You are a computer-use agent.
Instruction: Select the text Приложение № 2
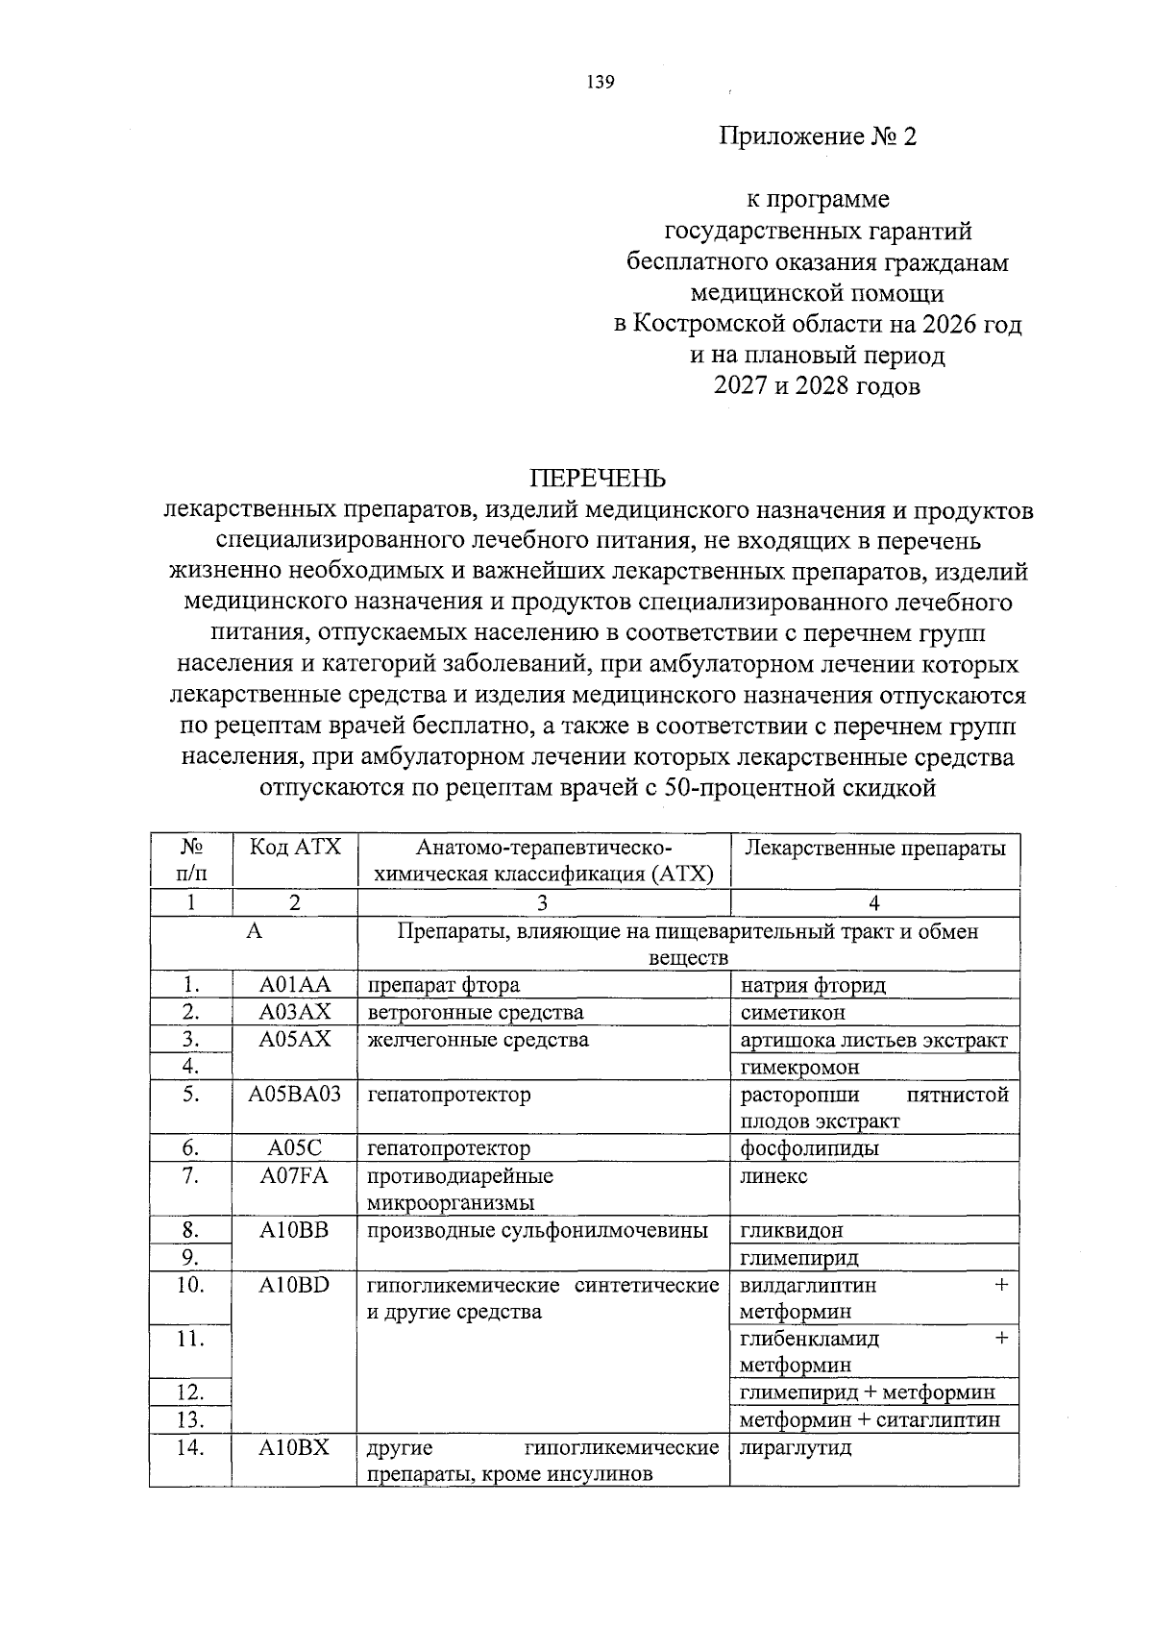[819, 136]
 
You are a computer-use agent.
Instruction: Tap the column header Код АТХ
[295, 848]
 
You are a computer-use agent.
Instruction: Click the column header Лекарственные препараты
[873, 848]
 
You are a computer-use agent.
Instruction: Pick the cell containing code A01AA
[295, 985]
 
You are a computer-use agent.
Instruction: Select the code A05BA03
[295, 1094]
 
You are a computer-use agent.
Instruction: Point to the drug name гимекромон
[799, 1067]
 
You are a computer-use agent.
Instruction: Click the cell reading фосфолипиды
[809, 1148]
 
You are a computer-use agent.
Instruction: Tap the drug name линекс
[773, 1175]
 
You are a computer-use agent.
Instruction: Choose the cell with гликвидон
[792, 1230]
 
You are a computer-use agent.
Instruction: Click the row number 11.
[191, 1338]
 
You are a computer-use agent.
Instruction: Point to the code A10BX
[295, 1447]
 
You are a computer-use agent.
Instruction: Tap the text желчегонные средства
[478, 1040]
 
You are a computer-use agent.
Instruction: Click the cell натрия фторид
[813, 985]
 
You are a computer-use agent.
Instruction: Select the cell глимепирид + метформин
[867, 1392]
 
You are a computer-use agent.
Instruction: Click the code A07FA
[295, 1175]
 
